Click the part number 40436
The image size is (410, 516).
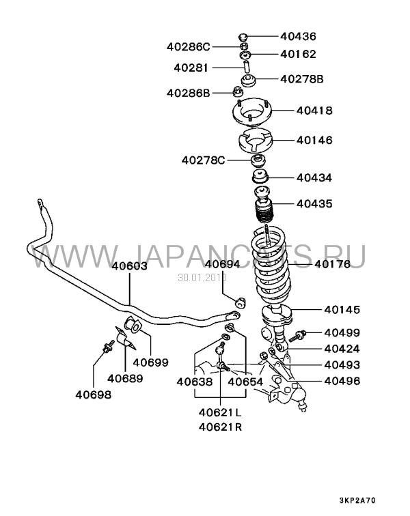pos(298,36)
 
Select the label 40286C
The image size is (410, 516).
pos(188,46)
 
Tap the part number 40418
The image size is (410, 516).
pos(314,111)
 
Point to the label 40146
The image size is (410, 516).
pos(314,140)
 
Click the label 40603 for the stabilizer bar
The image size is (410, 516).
pos(129,266)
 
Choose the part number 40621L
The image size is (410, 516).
pos(220,412)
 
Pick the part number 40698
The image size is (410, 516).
pos(93,395)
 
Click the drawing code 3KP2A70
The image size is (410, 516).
pos(357,500)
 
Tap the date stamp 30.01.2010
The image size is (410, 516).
pos(202,278)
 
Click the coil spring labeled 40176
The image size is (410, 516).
pos(272,263)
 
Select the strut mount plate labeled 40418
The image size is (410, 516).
pos(252,113)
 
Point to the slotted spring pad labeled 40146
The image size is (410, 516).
pos(256,141)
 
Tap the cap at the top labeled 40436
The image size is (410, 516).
pos(243,37)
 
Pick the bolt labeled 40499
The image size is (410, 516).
pos(298,336)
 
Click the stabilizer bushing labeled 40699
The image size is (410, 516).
pos(133,324)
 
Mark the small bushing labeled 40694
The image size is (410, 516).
pos(241,303)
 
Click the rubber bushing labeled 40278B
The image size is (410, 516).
pos(248,81)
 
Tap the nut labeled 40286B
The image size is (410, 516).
pos(236,91)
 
